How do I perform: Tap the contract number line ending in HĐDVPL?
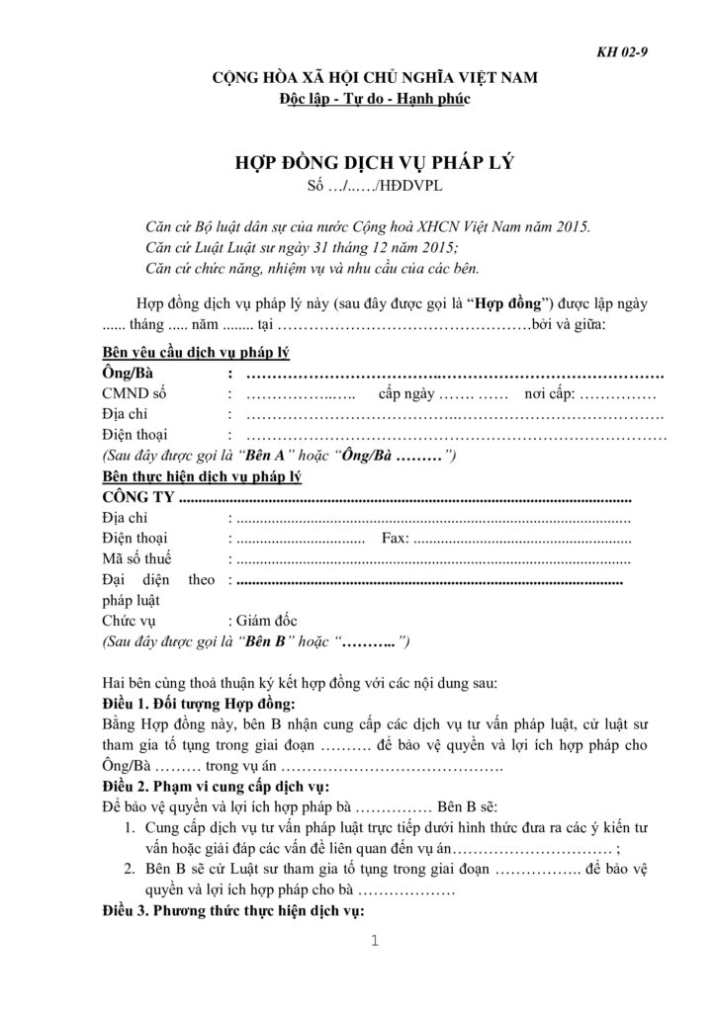point(358,185)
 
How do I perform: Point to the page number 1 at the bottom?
point(375,940)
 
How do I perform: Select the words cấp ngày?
point(407,395)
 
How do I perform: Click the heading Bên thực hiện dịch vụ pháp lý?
point(202,475)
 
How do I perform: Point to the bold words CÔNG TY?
point(139,496)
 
